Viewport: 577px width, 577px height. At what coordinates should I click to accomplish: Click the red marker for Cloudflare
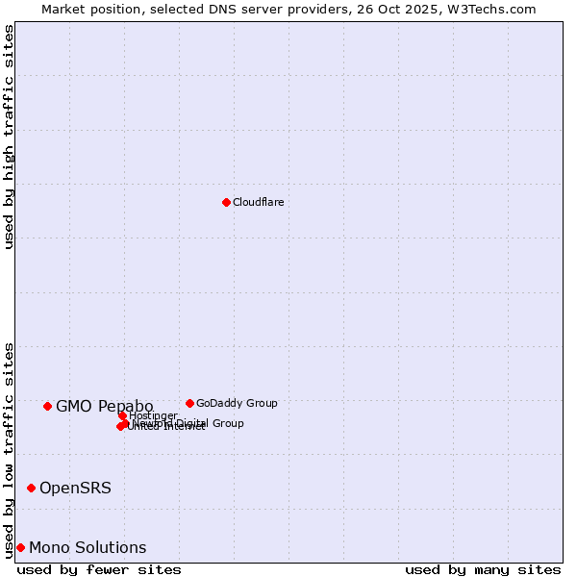(226, 202)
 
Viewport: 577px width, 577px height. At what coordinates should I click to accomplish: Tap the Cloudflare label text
(258, 202)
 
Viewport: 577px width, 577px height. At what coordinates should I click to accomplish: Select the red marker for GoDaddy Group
(189, 403)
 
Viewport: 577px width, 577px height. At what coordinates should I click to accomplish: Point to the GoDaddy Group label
(237, 403)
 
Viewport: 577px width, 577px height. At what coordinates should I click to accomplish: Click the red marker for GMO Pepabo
(47, 406)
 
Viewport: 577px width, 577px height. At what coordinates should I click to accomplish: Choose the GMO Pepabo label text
(104, 406)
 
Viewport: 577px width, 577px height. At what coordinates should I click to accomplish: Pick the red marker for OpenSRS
(31, 488)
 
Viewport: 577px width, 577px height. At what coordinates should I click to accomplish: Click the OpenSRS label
(75, 488)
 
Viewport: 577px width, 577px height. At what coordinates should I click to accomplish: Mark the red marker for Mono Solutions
(20, 547)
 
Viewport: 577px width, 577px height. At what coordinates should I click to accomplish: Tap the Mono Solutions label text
(88, 547)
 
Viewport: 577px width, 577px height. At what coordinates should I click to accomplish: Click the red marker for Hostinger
(122, 415)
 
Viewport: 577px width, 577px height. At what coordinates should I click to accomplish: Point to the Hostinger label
(153, 415)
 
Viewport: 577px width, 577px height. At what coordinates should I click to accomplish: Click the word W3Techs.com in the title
(495, 9)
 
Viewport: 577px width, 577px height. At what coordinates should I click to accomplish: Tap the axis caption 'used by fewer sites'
(99, 569)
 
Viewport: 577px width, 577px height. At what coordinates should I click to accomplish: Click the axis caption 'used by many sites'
(483, 569)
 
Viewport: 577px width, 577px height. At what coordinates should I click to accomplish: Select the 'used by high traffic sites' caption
(9, 137)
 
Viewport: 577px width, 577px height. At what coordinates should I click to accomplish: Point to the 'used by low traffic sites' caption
(9, 449)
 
